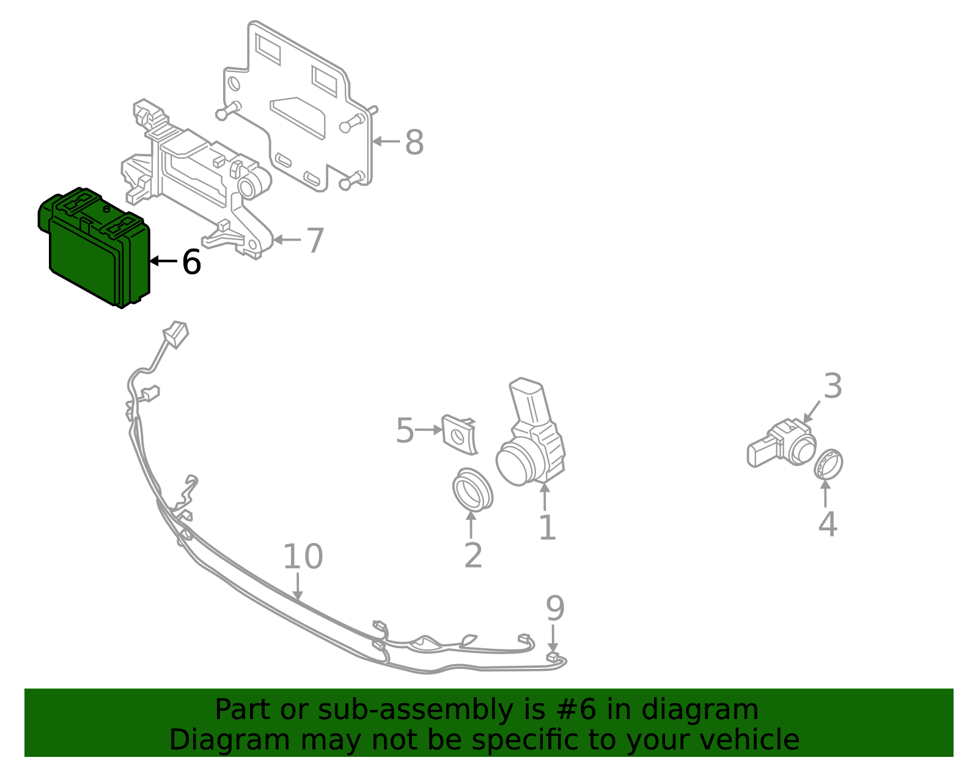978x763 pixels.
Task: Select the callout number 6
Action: click(191, 261)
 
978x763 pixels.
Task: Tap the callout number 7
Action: click(315, 241)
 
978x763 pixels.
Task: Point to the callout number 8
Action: click(414, 142)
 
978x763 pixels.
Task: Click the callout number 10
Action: click(303, 557)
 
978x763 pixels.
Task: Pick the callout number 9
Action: click(555, 608)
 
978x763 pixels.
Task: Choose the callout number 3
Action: click(833, 385)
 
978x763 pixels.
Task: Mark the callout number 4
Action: click(828, 524)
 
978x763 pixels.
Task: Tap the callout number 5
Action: click(405, 430)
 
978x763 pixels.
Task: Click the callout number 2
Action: click(473, 556)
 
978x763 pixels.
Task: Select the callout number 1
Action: click(547, 527)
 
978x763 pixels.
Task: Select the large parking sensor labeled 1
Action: click(531, 434)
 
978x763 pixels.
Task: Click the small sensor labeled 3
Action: click(782, 444)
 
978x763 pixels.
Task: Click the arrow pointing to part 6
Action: click(163, 261)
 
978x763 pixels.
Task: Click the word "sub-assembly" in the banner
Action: click(416, 709)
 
